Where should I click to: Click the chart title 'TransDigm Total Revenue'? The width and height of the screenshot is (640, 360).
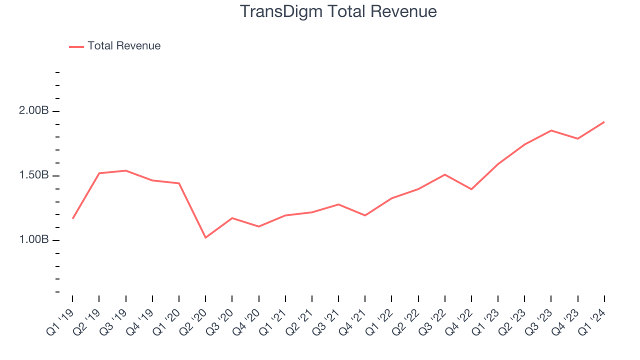pyautogui.click(x=338, y=11)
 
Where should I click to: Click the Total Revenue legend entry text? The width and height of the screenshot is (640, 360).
pyautogui.click(x=124, y=46)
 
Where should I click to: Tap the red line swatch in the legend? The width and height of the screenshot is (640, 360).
pyautogui.click(x=76, y=46)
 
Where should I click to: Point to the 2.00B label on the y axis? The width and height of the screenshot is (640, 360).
pyautogui.click(x=34, y=111)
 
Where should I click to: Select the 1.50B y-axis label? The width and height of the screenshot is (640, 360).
pyautogui.click(x=34, y=175)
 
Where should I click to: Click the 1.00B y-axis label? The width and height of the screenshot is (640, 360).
pyautogui.click(x=34, y=240)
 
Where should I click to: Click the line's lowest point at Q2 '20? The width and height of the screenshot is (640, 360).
pyautogui.click(x=205, y=237)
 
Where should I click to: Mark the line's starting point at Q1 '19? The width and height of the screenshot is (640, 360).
pyautogui.click(x=72, y=218)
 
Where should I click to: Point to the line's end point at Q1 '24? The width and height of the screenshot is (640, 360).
pyautogui.click(x=604, y=122)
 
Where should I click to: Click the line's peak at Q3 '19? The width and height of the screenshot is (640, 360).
pyautogui.click(x=125, y=170)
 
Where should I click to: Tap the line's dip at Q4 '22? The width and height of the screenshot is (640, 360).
pyautogui.click(x=471, y=189)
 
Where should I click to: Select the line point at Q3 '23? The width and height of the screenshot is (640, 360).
pyautogui.click(x=551, y=130)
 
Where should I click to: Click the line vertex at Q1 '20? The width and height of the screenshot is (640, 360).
pyautogui.click(x=179, y=183)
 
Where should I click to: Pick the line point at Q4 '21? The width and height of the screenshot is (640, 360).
pyautogui.click(x=365, y=215)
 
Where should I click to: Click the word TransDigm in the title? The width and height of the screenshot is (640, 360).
pyautogui.click(x=274, y=11)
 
